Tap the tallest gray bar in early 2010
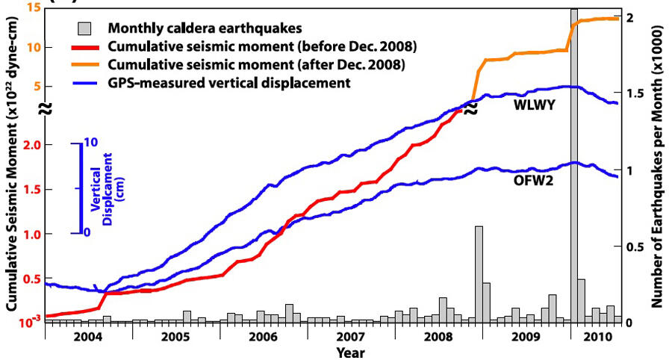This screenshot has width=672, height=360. (573, 164)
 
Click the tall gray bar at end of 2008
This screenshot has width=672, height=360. (479, 273)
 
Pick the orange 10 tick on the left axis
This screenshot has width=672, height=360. (33, 47)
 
